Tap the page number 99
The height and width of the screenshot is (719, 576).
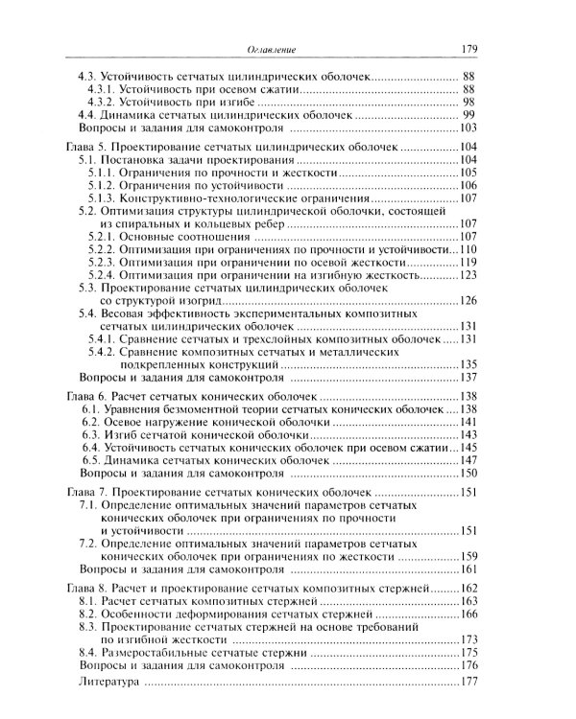(470, 115)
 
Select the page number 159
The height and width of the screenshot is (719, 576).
(468, 556)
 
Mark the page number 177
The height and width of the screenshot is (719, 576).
(468, 683)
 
